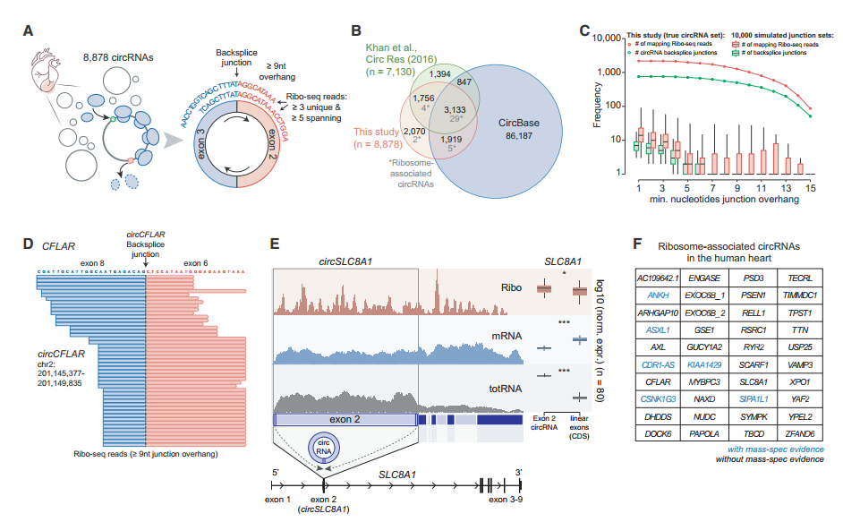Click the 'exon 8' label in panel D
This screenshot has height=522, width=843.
point(93,261)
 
